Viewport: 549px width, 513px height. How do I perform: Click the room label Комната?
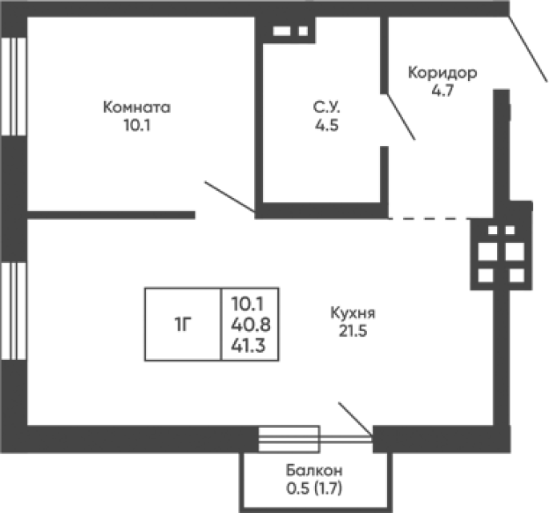point(137,107)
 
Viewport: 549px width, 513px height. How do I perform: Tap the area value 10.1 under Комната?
point(137,125)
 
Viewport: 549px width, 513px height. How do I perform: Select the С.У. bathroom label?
point(326,107)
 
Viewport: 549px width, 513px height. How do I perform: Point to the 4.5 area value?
point(327,125)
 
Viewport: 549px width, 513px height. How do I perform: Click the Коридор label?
point(442,74)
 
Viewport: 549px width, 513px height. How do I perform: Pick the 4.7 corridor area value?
point(443,91)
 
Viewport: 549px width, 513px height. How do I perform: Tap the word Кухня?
point(353,313)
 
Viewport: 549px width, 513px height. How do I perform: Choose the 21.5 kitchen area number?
point(353,331)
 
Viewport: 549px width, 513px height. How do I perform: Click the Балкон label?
point(314,471)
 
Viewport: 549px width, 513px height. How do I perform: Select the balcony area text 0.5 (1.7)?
point(314,488)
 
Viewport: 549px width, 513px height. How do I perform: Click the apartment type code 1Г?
point(183,325)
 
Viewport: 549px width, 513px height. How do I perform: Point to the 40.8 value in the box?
point(251,325)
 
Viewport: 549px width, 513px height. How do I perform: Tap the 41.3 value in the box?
point(248,345)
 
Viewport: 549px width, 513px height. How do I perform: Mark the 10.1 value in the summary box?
point(247,304)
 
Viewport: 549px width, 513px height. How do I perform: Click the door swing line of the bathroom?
point(402,117)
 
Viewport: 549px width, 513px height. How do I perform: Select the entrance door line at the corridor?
point(527,49)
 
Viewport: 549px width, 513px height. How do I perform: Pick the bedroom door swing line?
point(230,197)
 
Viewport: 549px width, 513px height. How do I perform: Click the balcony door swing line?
point(355,419)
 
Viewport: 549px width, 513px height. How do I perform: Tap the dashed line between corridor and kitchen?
point(429,219)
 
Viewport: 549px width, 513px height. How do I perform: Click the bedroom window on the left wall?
point(14,86)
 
